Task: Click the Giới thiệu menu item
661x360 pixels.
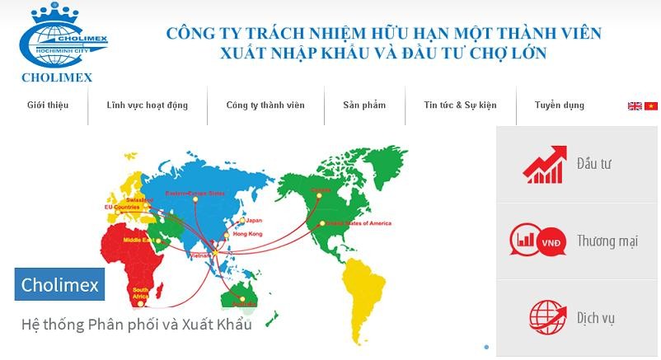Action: (47, 105)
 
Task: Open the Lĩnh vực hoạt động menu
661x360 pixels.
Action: (147, 105)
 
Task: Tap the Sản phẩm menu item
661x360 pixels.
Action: (364, 105)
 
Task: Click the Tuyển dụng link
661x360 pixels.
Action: (559, 105)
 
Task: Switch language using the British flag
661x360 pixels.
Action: (635, 106)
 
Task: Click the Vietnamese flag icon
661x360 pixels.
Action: (651, 106)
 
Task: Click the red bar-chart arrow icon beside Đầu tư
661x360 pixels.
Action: (545, 164)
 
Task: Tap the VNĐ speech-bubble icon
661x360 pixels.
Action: (537, 241)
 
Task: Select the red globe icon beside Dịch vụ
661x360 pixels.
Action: (545, 317)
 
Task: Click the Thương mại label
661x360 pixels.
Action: (607, 241)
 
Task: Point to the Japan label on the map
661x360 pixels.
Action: (253, 220)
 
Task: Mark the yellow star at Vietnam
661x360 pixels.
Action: (216, 250)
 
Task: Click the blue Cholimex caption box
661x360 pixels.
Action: (60, 285)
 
